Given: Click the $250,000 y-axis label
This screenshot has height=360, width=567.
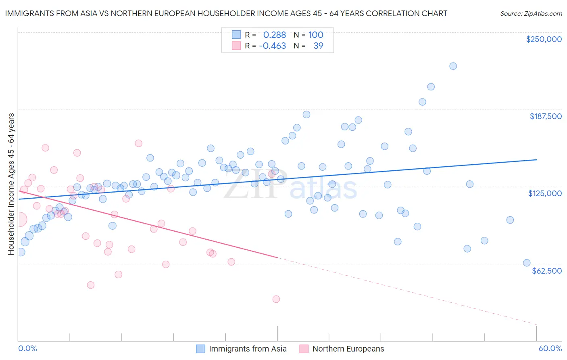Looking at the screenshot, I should (544, 39).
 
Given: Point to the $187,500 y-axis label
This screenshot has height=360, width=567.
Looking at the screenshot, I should (545, 116).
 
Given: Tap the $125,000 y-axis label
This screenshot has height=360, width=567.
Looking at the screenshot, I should (545, 193).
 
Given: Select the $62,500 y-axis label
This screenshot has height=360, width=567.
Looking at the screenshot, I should (546, 271).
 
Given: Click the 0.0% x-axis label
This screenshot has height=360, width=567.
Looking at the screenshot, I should (27, 348).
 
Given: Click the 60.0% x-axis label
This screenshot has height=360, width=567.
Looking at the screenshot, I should (550, 348).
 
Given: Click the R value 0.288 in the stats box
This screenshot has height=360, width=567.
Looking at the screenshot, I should (274, 35).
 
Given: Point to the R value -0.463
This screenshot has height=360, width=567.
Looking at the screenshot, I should (272, 46).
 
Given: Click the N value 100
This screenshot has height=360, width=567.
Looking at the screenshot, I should (316, 35).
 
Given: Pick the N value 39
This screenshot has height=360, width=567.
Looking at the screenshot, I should (318, 46).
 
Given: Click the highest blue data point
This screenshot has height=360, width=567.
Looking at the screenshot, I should (453, 66).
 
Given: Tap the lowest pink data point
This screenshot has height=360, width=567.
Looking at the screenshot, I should (276, 299).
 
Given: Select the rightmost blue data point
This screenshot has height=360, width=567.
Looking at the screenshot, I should (527, 263).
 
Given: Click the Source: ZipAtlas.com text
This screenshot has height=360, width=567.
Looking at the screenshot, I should (531, 13).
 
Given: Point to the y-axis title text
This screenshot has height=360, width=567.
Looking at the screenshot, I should (11, 184).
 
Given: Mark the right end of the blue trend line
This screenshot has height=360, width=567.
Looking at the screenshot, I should (536, 160).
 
